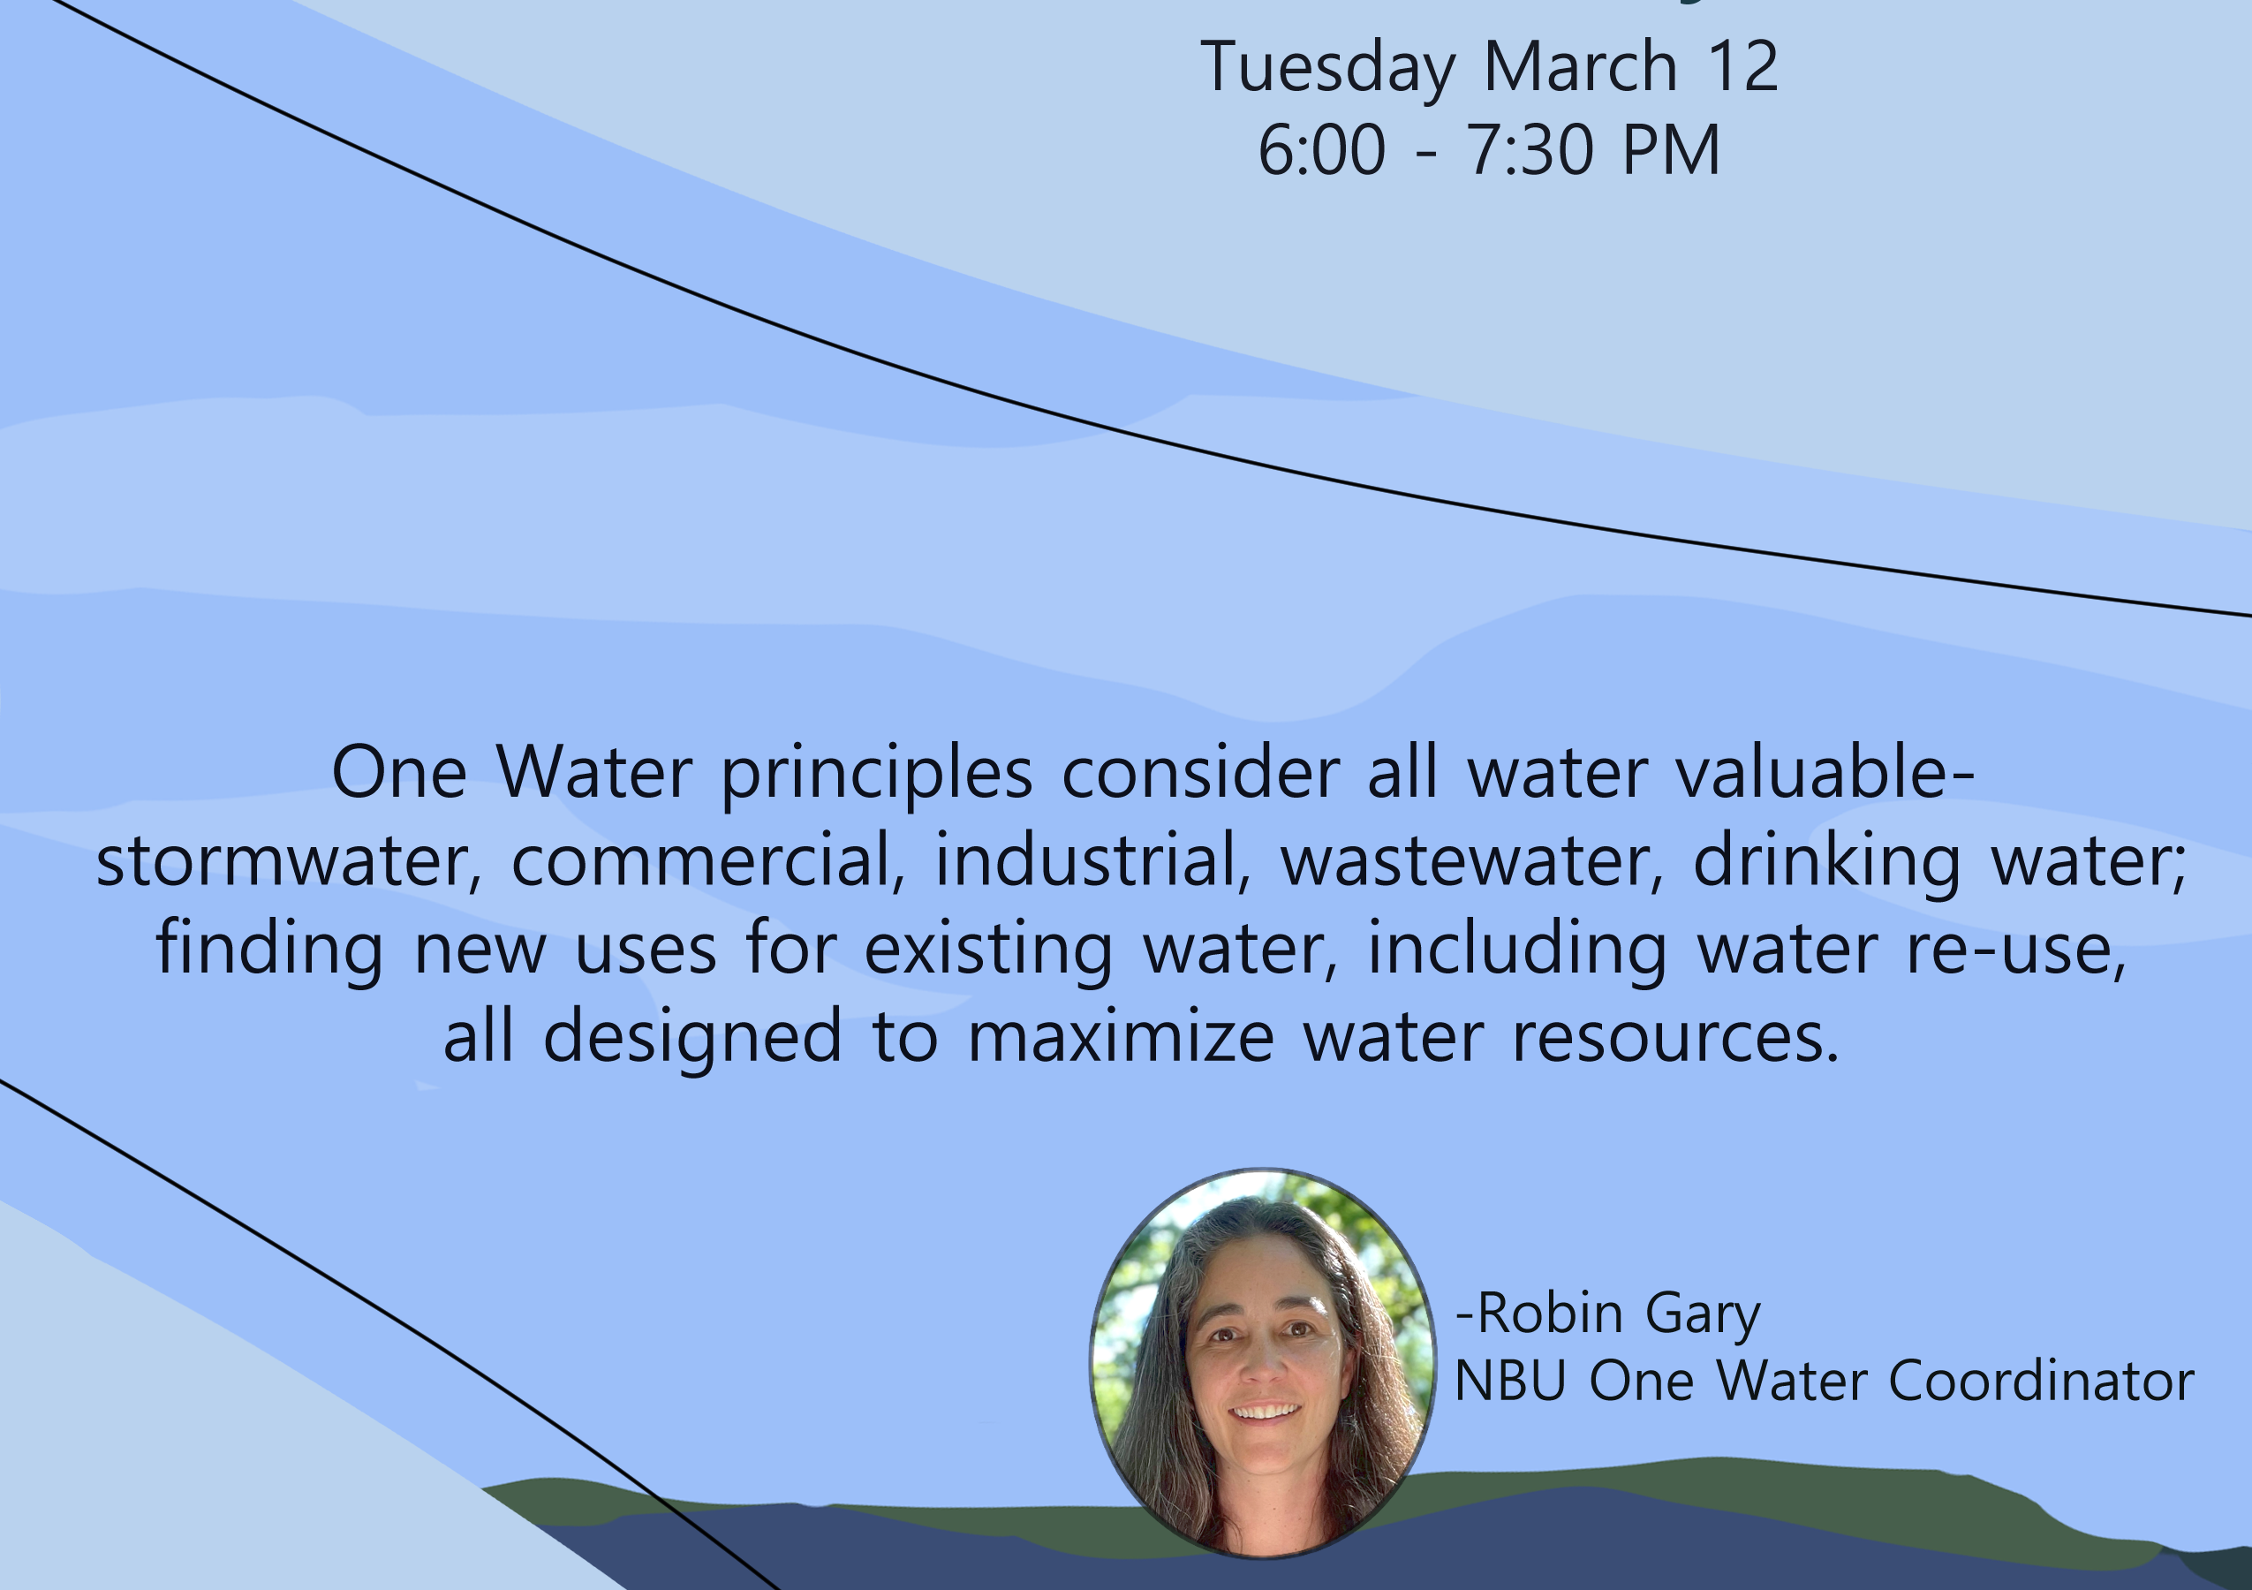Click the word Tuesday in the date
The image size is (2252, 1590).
tap(1328, 69)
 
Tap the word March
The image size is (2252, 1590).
tap(1580, 67)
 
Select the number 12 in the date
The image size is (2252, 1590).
tap(1742, 67)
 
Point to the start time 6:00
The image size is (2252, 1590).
tap(1322, 151)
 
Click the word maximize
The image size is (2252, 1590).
tap(1121, 1037)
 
